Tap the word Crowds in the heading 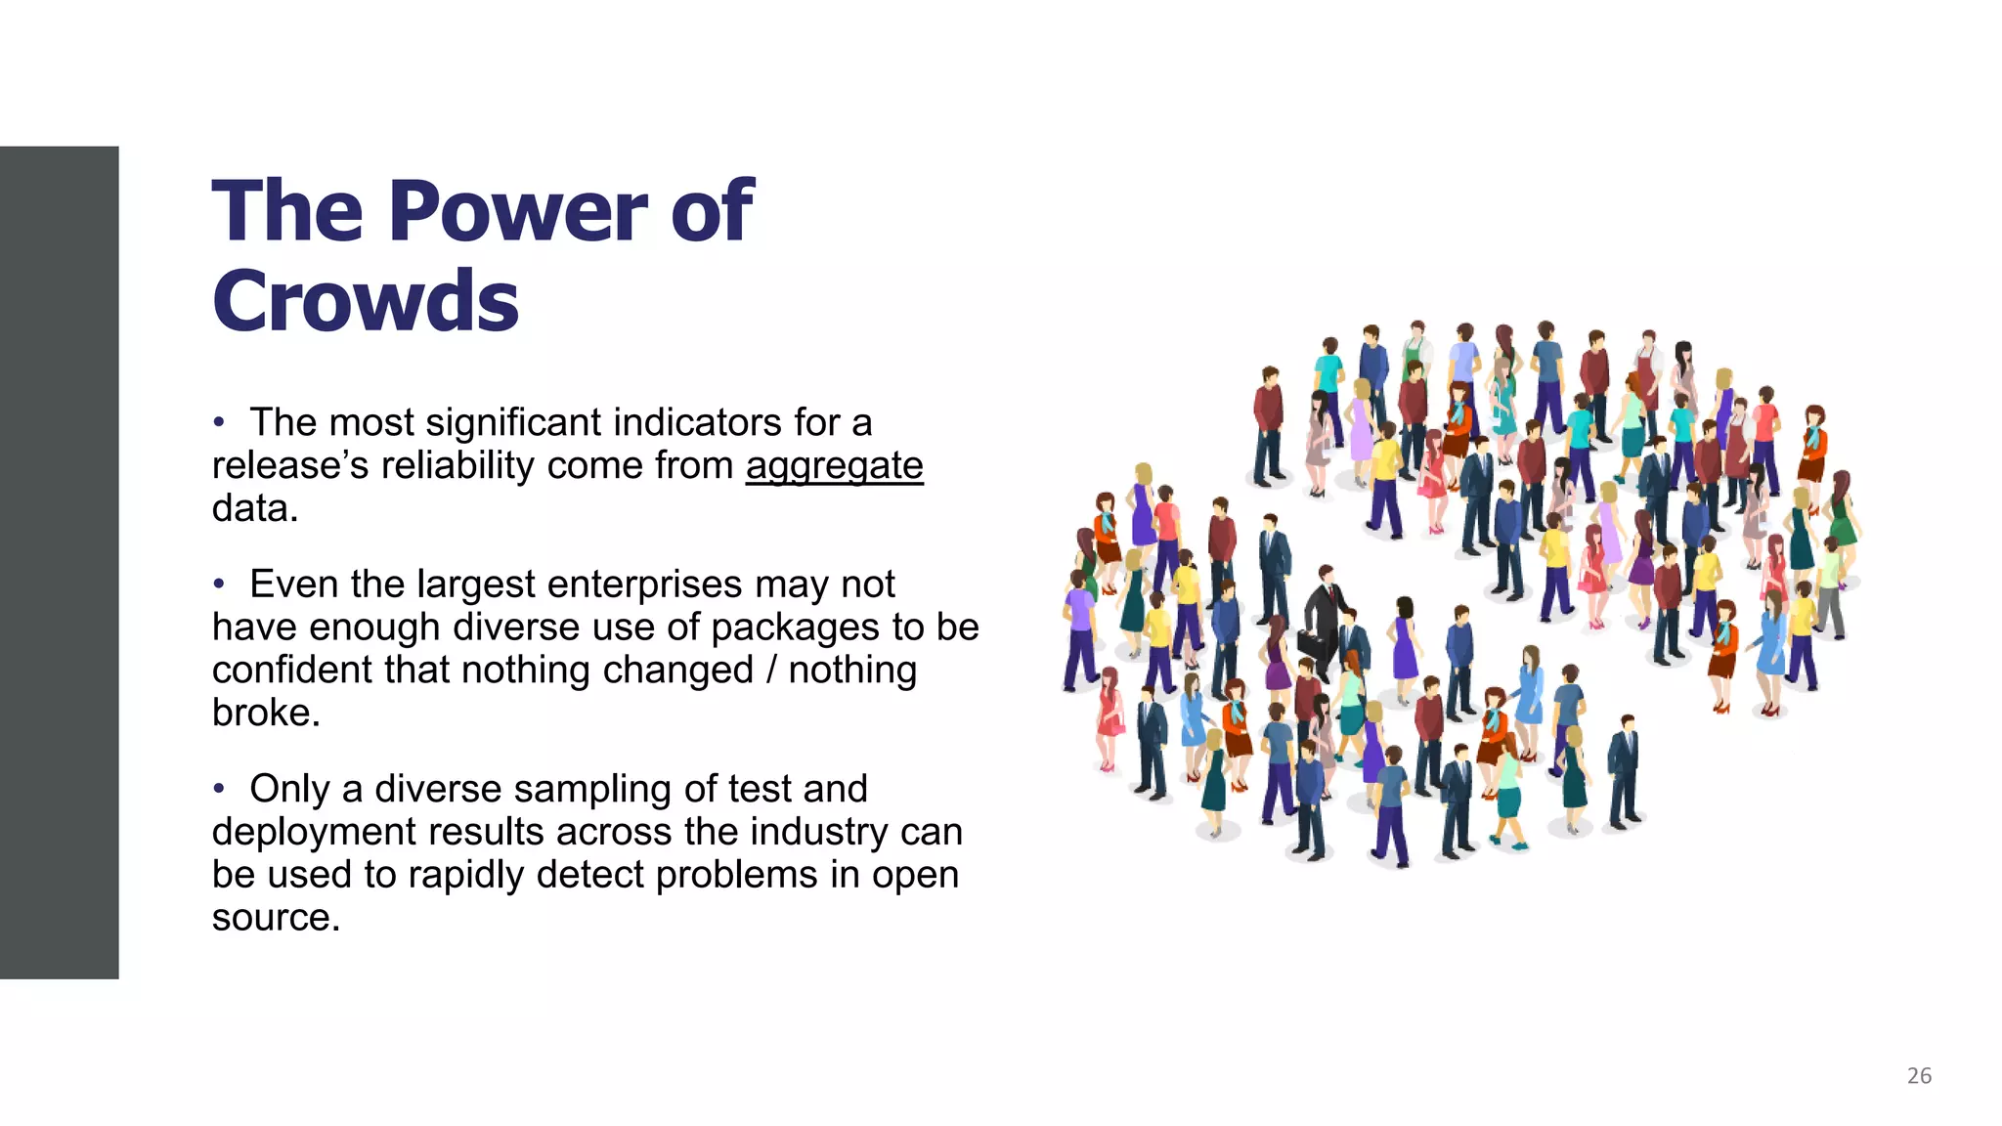click(x=366, y=301)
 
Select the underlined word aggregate click(x=834, y=466)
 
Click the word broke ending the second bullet click(x=265, y=714)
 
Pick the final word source click(x=275, y=918)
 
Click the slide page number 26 click(x=1919, y=1076)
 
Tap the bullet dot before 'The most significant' click(x=220, y=422)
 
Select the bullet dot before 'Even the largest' click(x=220, y=585)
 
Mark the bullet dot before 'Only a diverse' click(x=220, y=789)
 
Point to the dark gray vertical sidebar click(x=59, y=562)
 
